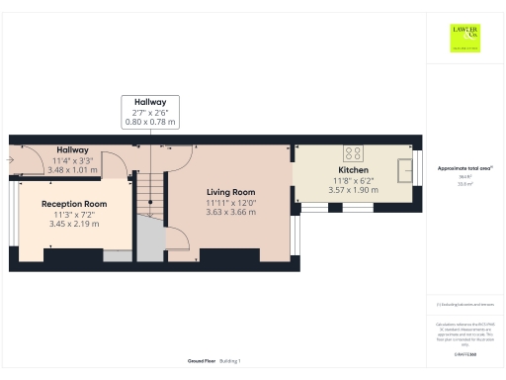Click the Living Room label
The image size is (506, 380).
[230, 192]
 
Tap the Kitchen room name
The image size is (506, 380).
[353, 170]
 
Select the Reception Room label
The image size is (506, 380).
[74, 204]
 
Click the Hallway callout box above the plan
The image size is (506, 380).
[151, 112]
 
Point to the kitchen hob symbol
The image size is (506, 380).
[352, 152]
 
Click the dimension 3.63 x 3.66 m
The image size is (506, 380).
[230, 212]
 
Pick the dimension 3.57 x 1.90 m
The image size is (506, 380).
[353, 190]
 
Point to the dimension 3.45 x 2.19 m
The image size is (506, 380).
[74, 224]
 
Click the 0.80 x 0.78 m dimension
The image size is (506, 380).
[151, 123]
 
